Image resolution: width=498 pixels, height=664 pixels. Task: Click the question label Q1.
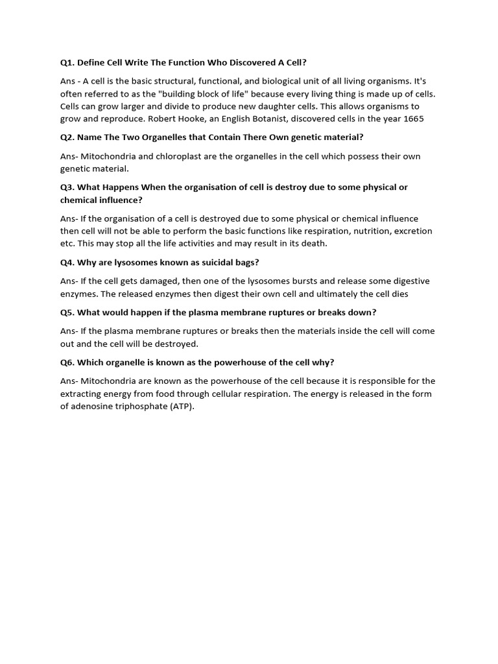[x=67, y=63]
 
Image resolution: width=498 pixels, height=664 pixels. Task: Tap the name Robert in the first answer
[x=164, y=119]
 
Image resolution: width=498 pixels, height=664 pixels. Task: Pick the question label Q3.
[x=67, y=187]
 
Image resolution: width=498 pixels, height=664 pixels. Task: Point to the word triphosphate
[x=139, y=406]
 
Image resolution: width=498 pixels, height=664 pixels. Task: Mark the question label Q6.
[x=67, y=362]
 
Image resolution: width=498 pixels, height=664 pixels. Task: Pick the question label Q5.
[x=67, y=313]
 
